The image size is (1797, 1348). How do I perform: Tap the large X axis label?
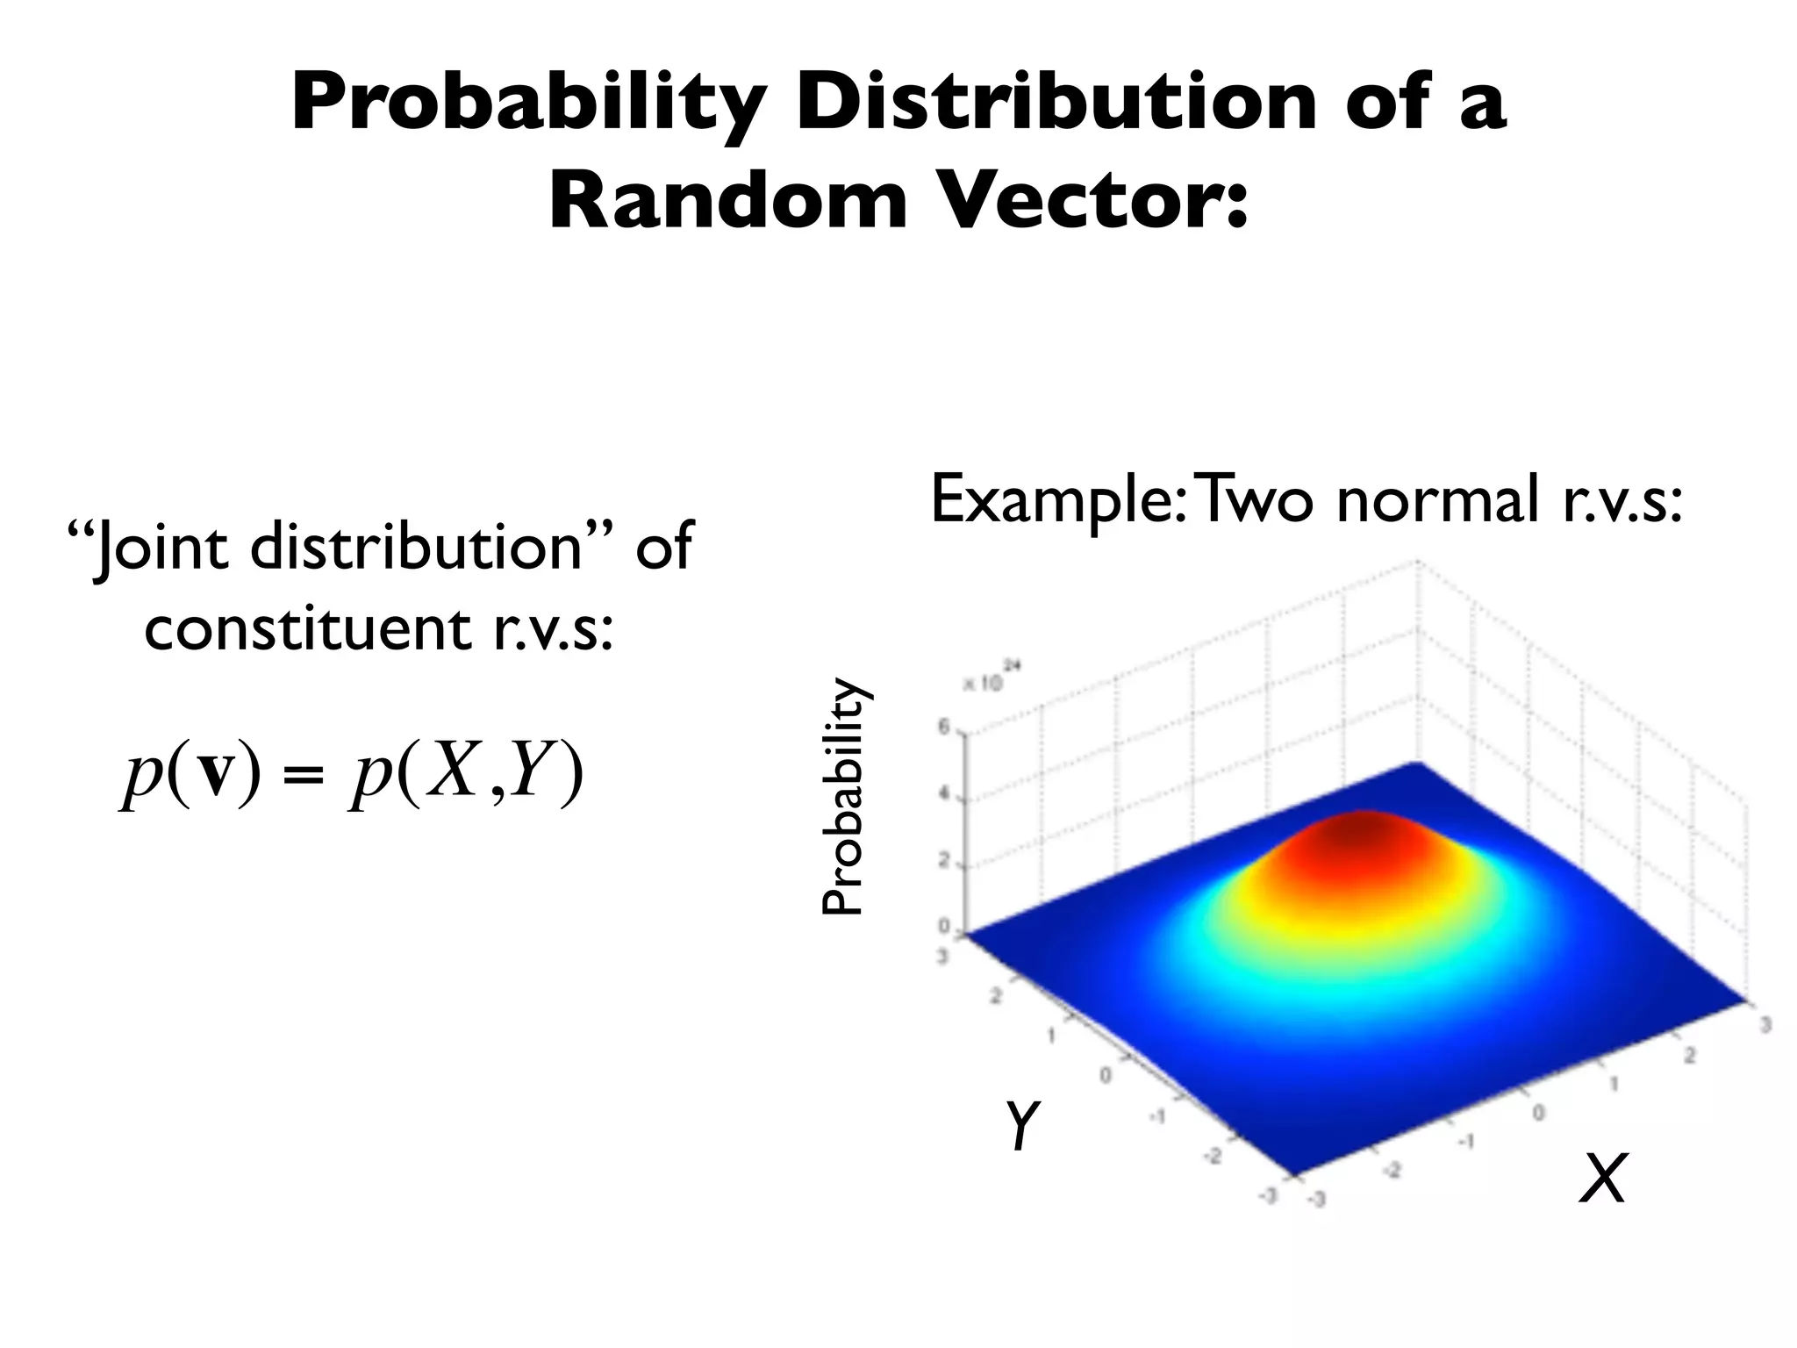[x=1602, y=1179]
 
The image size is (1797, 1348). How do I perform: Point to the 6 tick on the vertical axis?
[x=945, y=727]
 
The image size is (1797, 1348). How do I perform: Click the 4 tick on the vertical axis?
[x=945, y=794]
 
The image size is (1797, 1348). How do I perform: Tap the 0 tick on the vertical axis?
[x=945, y=927]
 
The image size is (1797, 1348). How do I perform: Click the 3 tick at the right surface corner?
[x=1765, y=1024]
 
